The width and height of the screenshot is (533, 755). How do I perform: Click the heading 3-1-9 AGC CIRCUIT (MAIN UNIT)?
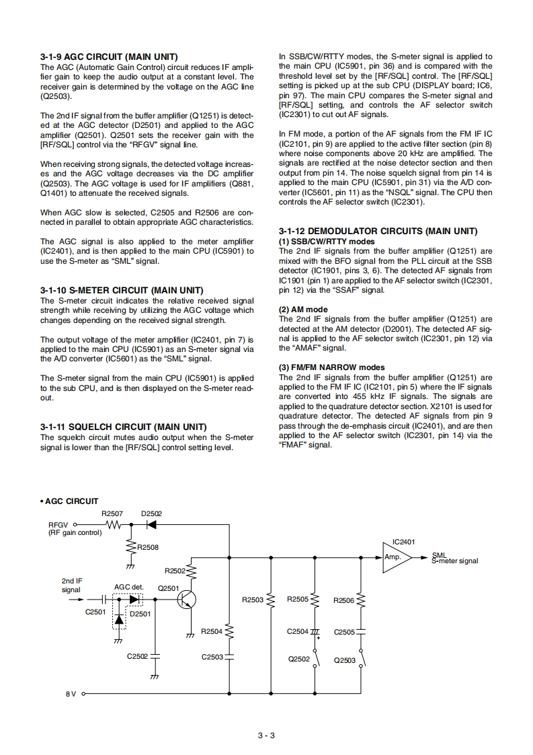point(109,57)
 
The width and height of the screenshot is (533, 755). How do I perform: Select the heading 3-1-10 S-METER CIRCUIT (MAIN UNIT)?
point(122,291)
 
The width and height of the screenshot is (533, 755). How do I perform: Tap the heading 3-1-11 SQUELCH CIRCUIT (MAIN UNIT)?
point(123,427)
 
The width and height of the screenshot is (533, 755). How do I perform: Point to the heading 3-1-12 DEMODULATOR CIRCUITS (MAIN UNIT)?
point(378,231)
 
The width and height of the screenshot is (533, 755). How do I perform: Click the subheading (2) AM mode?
point(303,310)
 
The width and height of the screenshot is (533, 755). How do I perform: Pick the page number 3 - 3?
point(266,735)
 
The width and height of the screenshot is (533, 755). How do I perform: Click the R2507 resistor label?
point(112,513)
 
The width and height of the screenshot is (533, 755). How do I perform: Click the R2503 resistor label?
point(252,600)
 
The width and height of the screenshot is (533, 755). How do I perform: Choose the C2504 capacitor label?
point(297,631)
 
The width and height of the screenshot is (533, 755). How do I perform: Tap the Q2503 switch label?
point(345,660)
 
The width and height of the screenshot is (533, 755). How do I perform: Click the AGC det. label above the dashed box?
point(129,587)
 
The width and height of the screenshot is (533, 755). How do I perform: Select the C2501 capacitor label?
point(95,612)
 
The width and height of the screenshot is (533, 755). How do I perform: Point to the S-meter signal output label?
point(455,560)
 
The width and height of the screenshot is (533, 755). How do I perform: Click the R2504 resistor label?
point(212,631)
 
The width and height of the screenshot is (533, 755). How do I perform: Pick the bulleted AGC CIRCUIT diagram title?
point(69,501)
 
